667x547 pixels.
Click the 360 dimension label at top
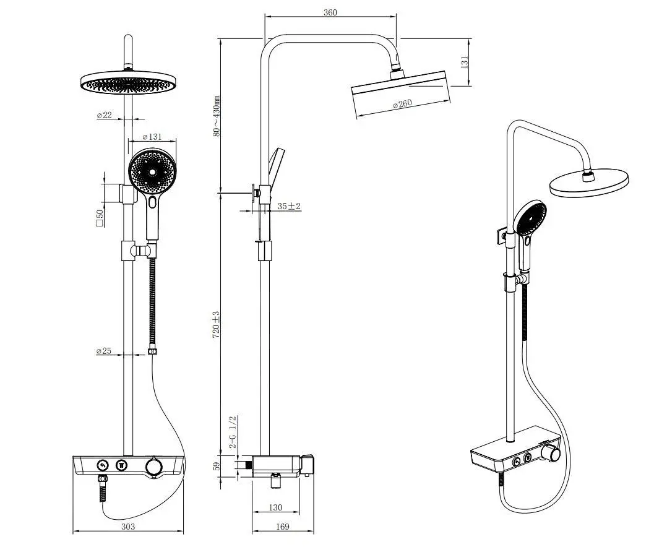click(x=330, y=12)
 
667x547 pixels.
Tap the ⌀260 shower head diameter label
click(x=402, y=104)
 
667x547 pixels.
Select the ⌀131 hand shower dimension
click(x=152, y=137)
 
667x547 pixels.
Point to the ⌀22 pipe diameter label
click(x=104, y=115)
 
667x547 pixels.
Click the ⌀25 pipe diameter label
click(x=104, y=351)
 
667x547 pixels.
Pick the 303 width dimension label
click(x=128, y=527)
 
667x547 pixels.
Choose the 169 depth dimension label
click(x=282, y=527)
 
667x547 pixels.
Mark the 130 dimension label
click(x=276, y=507)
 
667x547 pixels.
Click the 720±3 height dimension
click(x=216, y=325)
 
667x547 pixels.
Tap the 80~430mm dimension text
click(x=217, y=116)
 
